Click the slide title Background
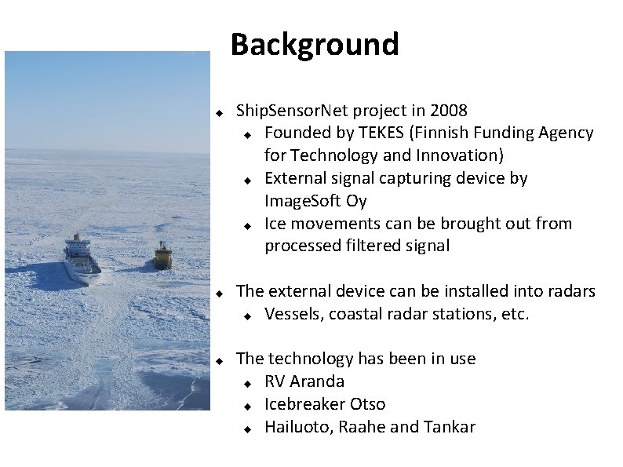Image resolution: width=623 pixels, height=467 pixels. [x=315, y=45]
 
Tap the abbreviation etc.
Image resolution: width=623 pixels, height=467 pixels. [x=515, y=315]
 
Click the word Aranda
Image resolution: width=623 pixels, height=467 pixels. [x=317, y=382]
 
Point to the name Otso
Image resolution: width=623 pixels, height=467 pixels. [x=367, y=405]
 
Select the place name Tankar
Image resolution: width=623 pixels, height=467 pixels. [x=450, y=428]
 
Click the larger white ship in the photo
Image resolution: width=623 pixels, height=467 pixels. [x=81, y=257]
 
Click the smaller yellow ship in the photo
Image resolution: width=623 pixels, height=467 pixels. [x=162, y=256]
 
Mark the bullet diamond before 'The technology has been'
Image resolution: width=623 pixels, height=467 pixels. [x=220, y=359]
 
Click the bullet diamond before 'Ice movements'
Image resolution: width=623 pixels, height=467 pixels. [x=246, y=225]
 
